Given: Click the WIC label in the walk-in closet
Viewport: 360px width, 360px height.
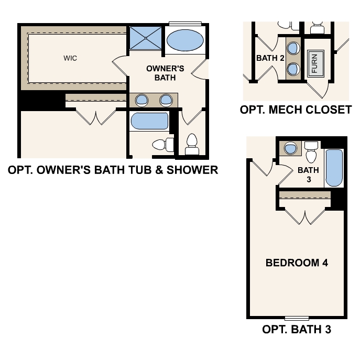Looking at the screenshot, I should coord(70,58).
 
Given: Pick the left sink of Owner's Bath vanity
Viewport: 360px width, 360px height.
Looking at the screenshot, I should coord(141,100).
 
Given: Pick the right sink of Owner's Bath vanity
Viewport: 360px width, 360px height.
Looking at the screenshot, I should coord(166,100).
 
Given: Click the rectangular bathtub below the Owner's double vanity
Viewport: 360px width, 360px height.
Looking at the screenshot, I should coord(149,122).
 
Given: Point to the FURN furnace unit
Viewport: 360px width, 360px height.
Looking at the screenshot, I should coord(315,63).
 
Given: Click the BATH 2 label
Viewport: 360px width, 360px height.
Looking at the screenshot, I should coord(270,58).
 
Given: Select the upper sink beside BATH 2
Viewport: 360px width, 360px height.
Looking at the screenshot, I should coord(294,48).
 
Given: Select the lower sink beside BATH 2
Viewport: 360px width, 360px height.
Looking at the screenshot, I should coord(294,69).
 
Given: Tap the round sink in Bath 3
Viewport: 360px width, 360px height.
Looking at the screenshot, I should coord(290,148).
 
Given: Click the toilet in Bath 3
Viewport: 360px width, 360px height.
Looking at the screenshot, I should coord(311,152).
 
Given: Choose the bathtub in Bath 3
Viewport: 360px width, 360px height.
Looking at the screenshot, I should coord(334,168).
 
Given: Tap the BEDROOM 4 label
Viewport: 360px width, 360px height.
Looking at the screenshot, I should coord(297,263).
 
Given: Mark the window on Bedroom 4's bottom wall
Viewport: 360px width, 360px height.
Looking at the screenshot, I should coord(297,318).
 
